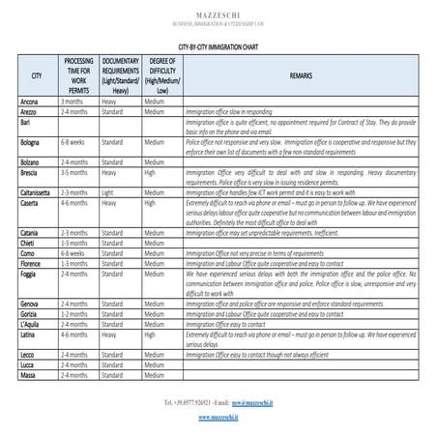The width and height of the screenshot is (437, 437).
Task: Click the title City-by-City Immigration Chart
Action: [218, 45]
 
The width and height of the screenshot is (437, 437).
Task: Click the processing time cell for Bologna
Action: [74, 141]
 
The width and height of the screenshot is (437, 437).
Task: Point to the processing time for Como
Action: [74, 253]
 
